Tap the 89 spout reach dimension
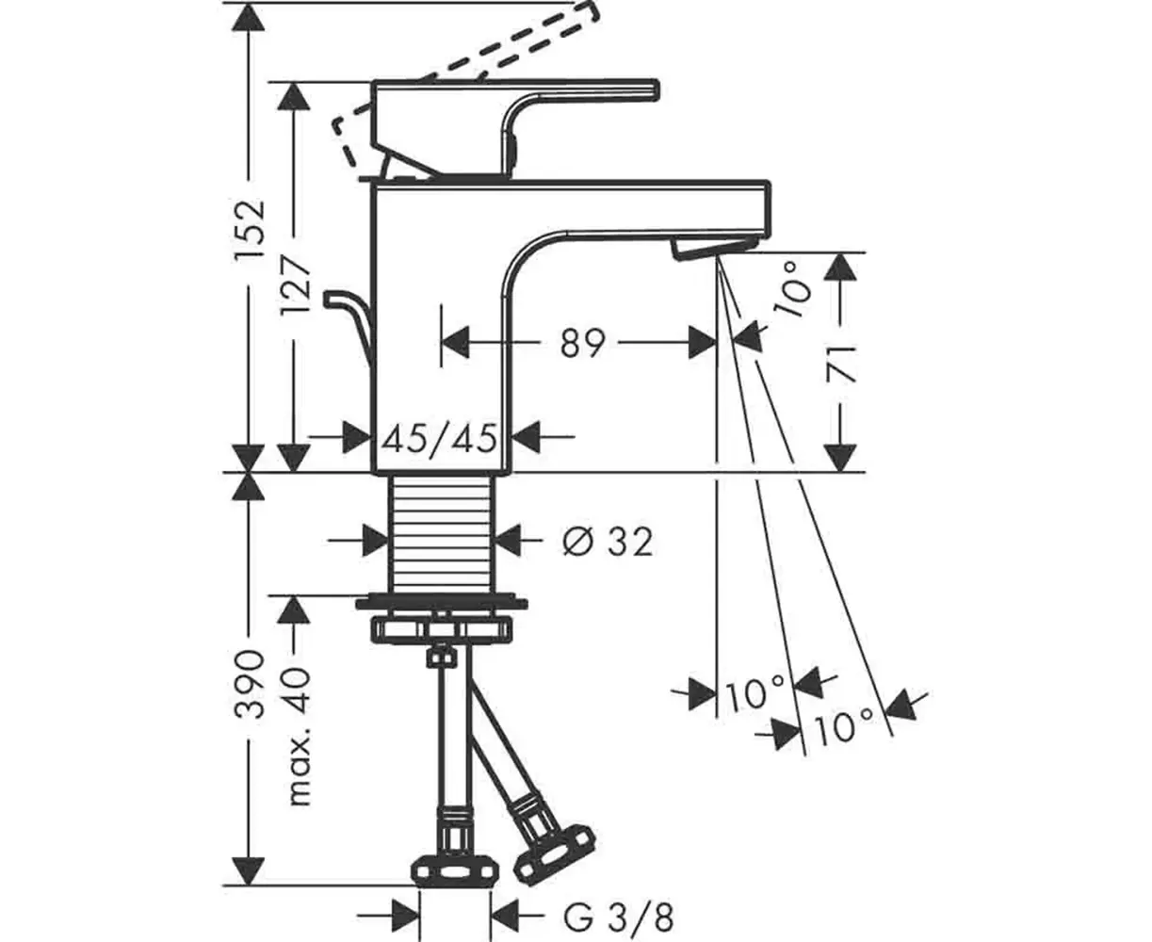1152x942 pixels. [583, 344]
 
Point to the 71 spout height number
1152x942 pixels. [840, 365]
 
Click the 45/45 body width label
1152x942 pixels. [440, 438]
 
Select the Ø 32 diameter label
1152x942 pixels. [608, 542]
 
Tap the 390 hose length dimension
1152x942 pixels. [250, 684]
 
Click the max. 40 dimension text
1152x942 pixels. [299, 736]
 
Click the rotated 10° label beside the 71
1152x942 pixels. [795, 288]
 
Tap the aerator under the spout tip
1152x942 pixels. [713, 247]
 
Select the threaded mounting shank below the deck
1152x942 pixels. [441, 534]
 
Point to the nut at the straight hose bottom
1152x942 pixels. [456, 881]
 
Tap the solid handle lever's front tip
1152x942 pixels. [657, 90]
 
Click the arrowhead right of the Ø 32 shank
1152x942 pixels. [510, 541]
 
